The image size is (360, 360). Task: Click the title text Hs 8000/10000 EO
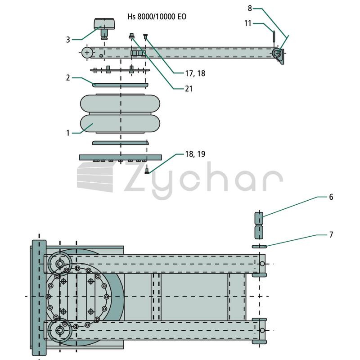(x=157, y=17)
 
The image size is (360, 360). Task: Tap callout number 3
(x=68, y=40)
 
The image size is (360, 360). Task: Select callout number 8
(x=250, y=9)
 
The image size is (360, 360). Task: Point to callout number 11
(x=248, y=23)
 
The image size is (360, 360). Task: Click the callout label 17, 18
(x=195, y=73)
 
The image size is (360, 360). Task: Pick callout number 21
(x=189, y=89)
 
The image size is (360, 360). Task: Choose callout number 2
(x=68, y=78)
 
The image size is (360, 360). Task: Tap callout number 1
(x=68, y=133)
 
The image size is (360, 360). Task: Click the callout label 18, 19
(x=195, y=154)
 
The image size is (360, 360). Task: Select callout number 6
(x=331, y=197)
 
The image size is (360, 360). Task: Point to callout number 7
(x=331, y=234)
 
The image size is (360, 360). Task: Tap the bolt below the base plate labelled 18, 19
(x=147, y=171)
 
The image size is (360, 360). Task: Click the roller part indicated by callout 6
(x=259, y=225)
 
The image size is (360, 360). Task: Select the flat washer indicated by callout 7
(x=259, y=247)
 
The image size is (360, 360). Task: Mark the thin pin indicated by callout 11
(x=274, y=36)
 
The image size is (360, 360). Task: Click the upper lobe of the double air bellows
(x=120, y=103)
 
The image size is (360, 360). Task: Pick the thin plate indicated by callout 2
(x=120, y=85)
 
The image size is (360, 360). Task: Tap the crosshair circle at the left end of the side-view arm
(x=87, y=53)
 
